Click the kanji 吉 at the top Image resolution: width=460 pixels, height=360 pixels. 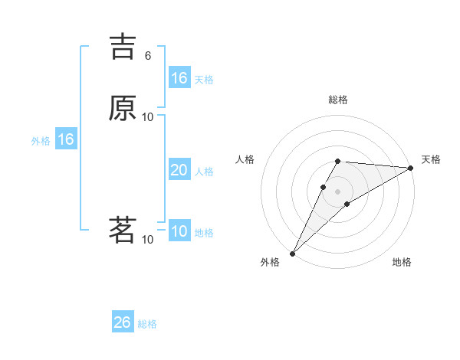[x=123, y=46]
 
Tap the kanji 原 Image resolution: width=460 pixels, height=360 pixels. [x=123, y=108]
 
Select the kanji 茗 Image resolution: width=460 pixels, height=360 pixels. [x=123, y=230]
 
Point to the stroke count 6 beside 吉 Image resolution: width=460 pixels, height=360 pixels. [x=148, y=55]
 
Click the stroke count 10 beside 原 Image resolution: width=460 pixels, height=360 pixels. [x=148, y=116]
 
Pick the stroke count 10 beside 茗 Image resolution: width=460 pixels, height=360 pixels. [x=148, y=239]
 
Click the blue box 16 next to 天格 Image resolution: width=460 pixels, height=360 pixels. [x=179, y=78]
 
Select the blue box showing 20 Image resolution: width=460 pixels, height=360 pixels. [x=179, y=170]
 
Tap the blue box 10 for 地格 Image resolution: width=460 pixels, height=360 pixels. [x=179, y=231]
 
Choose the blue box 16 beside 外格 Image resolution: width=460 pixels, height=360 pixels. [x=66, y=139]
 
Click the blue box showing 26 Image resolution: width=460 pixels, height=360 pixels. [x=123, y=322]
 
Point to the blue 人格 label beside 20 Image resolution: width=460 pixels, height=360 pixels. [x=205, y=172]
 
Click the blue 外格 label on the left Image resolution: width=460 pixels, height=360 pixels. [x=41, y=141]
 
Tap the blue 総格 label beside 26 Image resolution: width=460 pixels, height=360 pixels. [x=147, y=324]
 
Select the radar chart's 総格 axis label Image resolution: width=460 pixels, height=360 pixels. [x=338, y=100]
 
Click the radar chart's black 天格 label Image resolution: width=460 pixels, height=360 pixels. [x=431, y=159]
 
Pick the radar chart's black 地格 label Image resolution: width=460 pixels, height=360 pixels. [x=402, y=262]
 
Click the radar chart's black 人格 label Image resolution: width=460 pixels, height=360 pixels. [x=245, y=159]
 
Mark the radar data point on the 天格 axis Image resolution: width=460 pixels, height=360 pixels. [x=410, y=168]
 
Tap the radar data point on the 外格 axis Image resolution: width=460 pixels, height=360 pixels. [x=292, y=253]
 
